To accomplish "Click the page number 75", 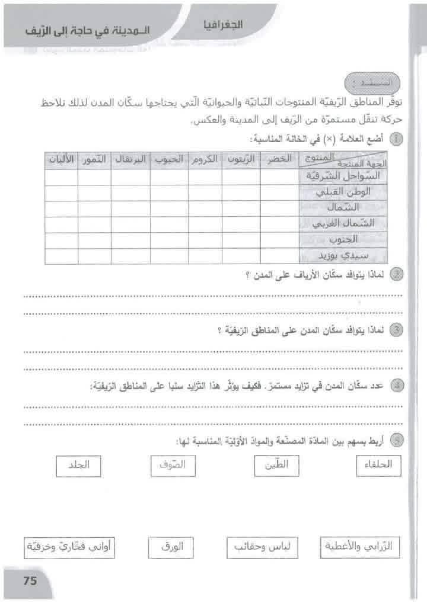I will [30, 581].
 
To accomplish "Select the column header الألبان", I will [60, 161].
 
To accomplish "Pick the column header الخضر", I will [279, 161].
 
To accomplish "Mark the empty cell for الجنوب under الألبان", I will [60, 240].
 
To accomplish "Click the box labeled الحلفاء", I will [378, 466].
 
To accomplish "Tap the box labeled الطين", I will [275, 466].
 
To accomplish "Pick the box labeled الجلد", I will [79, 466].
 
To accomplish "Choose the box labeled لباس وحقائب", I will [262, 548].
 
